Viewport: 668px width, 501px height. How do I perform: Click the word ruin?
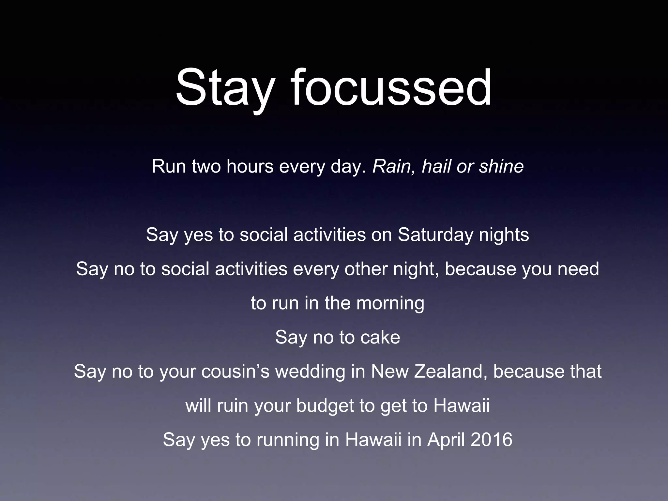(x=232, y=406)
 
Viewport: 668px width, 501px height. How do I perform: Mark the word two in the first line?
(x=206, y=166)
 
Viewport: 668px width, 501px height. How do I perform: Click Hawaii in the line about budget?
(x=461, y=406)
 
